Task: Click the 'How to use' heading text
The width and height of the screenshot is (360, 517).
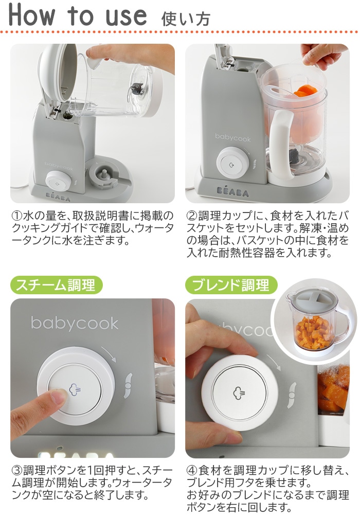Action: click(77, 15)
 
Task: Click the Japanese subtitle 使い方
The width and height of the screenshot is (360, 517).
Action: click(186, 19)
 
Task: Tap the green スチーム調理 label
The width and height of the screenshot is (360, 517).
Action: click(56, 284)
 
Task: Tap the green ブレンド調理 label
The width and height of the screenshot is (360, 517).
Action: click(231, 284)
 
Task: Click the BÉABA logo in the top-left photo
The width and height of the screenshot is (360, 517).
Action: click(56, 196)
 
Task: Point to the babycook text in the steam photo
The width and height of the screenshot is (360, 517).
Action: click(75, 323)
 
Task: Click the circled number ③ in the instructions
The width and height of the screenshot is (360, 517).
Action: click(16, 471)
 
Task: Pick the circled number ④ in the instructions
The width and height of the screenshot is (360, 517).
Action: click(191, 471)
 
